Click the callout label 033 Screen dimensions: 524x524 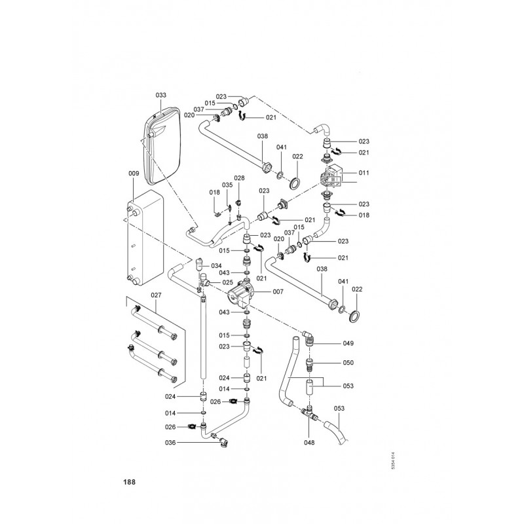(160, 95)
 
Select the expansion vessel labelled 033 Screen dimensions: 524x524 (162, 145)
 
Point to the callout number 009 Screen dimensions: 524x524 (134, 174)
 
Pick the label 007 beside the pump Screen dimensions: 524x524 (278, 291)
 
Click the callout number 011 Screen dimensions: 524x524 (364, 173)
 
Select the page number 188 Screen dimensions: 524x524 (129, 482)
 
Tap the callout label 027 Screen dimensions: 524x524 (156, 295)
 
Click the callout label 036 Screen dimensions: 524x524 (170, 443)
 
